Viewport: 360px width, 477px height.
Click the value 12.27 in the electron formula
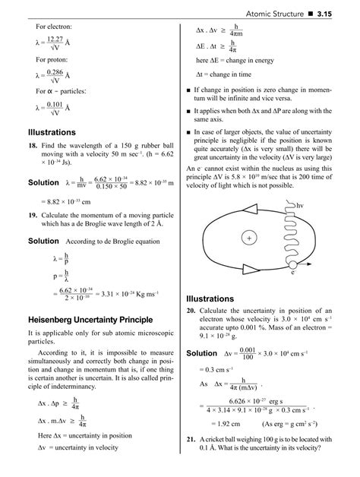coord(55,39)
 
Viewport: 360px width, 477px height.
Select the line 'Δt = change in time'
coord(223,74)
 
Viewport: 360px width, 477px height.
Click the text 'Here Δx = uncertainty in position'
coord(86,436)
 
